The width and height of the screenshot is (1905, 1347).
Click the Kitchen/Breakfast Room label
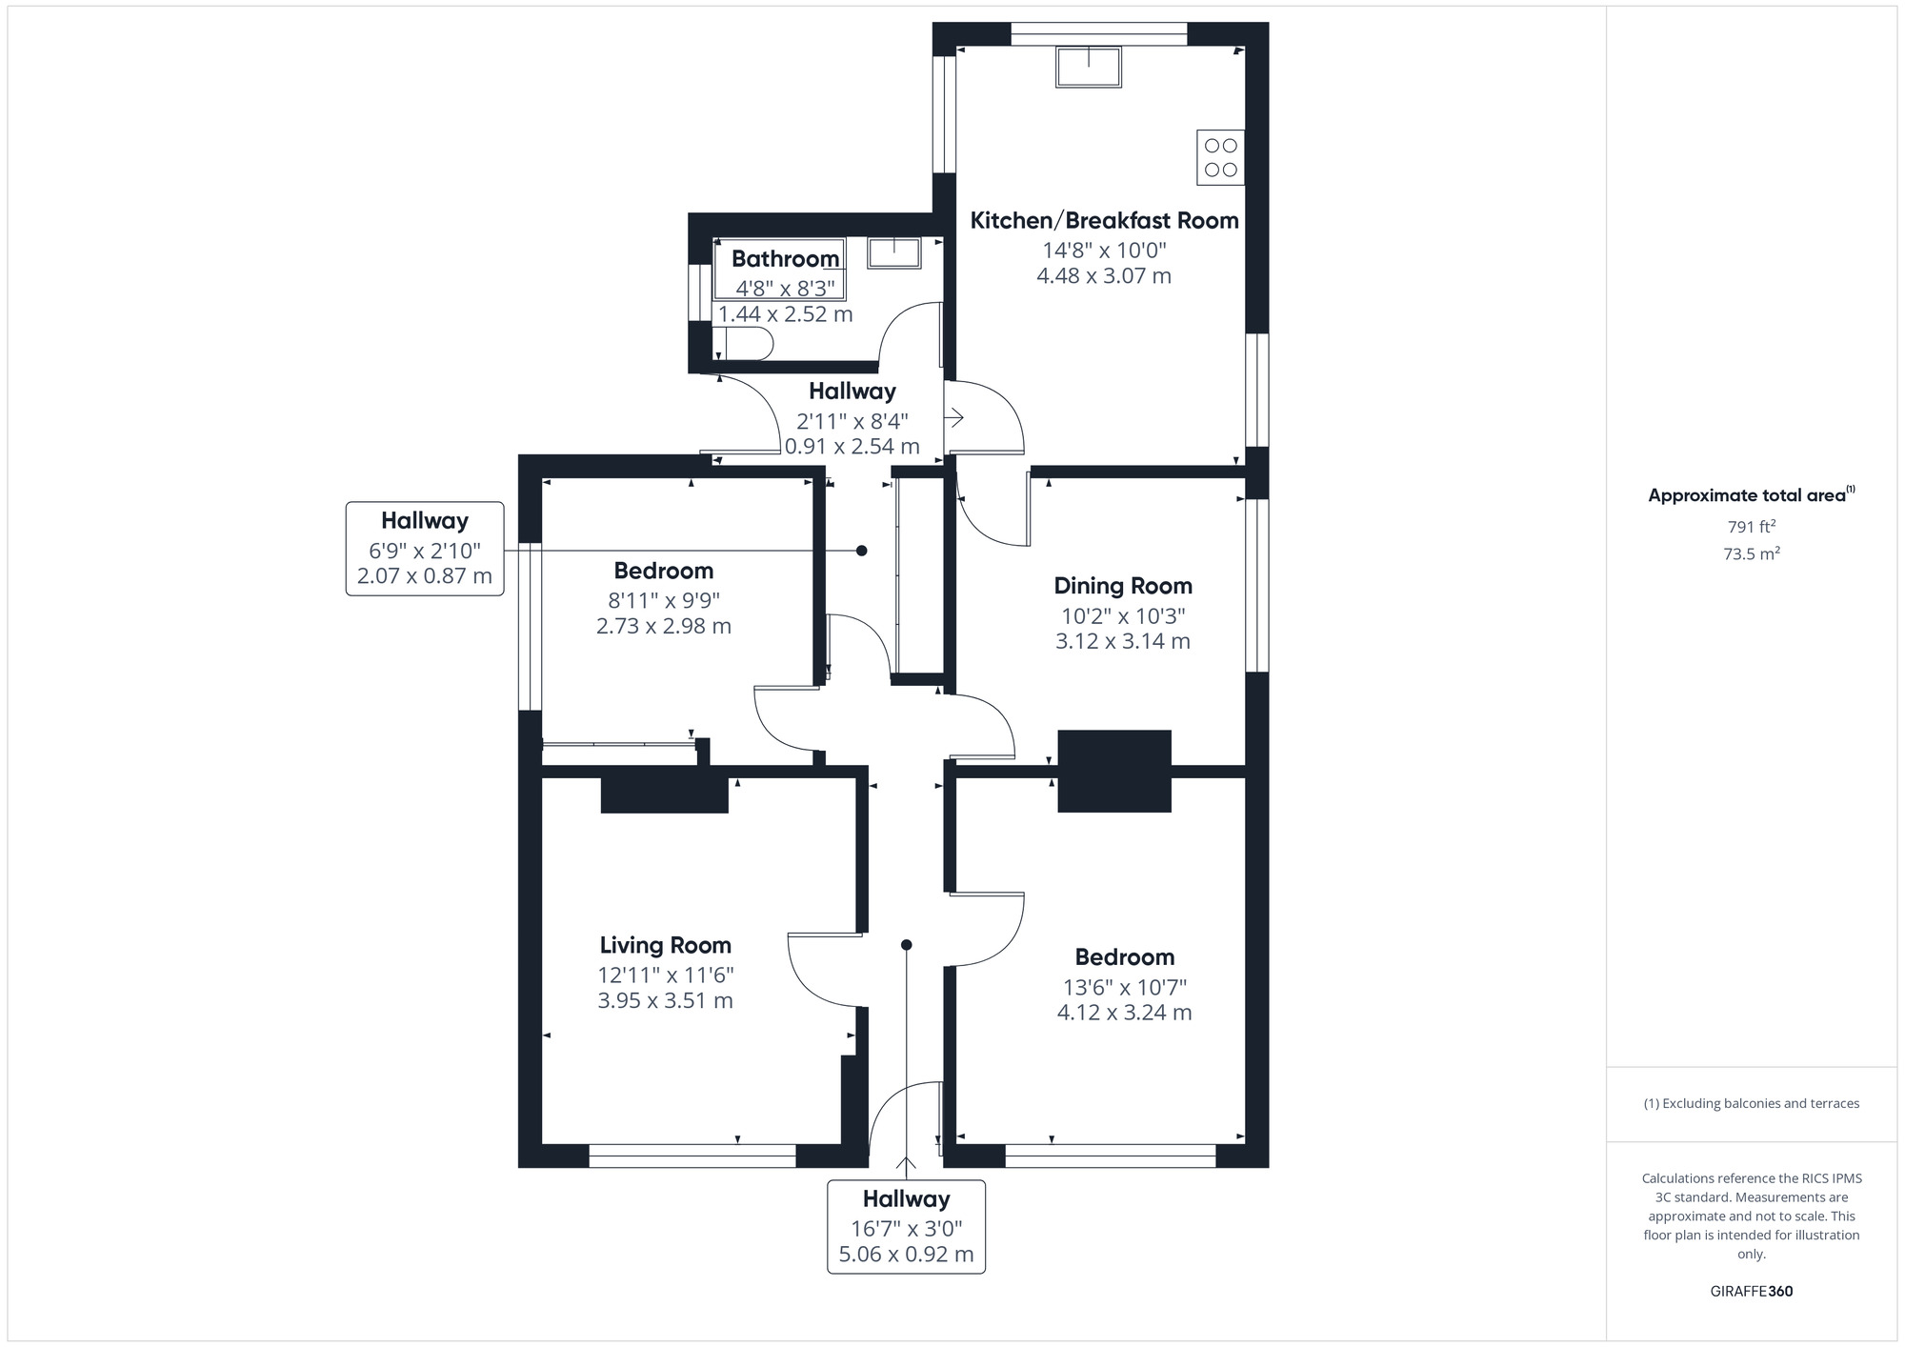click(1104, 221)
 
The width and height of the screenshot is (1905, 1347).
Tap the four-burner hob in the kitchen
click(1220, 157)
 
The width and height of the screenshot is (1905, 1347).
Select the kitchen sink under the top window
click(1088, 67)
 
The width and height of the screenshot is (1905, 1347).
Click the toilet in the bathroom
click(746, 344)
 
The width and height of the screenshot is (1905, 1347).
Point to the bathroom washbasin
click(893, 253)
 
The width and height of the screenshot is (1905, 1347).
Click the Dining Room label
click(1122, 586)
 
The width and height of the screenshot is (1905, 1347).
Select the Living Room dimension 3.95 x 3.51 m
click(665, 1000)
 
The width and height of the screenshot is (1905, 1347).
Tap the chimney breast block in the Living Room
click(664, 795)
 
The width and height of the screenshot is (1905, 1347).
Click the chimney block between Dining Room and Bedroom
click(1113, 771)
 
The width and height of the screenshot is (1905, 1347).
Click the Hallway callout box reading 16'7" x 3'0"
click(906, 1227)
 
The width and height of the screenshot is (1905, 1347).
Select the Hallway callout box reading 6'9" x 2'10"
click(425, 549)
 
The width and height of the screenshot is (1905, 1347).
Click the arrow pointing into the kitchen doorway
click(954, 417)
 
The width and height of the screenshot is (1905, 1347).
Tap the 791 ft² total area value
click(1751, 527)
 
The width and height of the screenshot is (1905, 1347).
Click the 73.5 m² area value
click(1751, 553)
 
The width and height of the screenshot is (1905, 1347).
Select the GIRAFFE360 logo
click(1751, 1292)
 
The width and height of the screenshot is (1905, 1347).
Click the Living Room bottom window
click(692, 1156)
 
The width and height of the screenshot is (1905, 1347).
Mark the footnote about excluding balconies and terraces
click(1751, 1103)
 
